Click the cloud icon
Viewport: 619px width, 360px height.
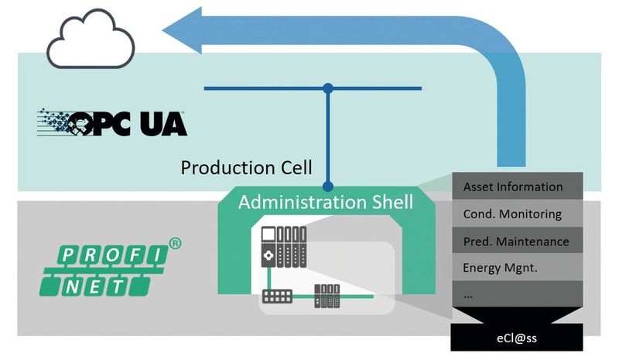click(91, 43)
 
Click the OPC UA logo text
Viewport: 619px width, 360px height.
click(143, 123)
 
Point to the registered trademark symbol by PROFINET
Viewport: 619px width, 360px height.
click(175, 243)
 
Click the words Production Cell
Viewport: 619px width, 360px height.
click(246, 167)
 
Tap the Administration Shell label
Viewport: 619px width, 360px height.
click(325, 202)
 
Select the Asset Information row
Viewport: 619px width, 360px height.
click(513, 187)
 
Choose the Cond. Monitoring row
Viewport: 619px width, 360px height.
click(512, 214)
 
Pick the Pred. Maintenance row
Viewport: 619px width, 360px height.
click(515, 241)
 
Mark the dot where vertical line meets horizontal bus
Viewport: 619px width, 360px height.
click(329, 88)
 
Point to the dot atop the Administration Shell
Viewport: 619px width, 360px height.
click(329, 186)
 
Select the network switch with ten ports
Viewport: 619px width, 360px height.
click(276, 297)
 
